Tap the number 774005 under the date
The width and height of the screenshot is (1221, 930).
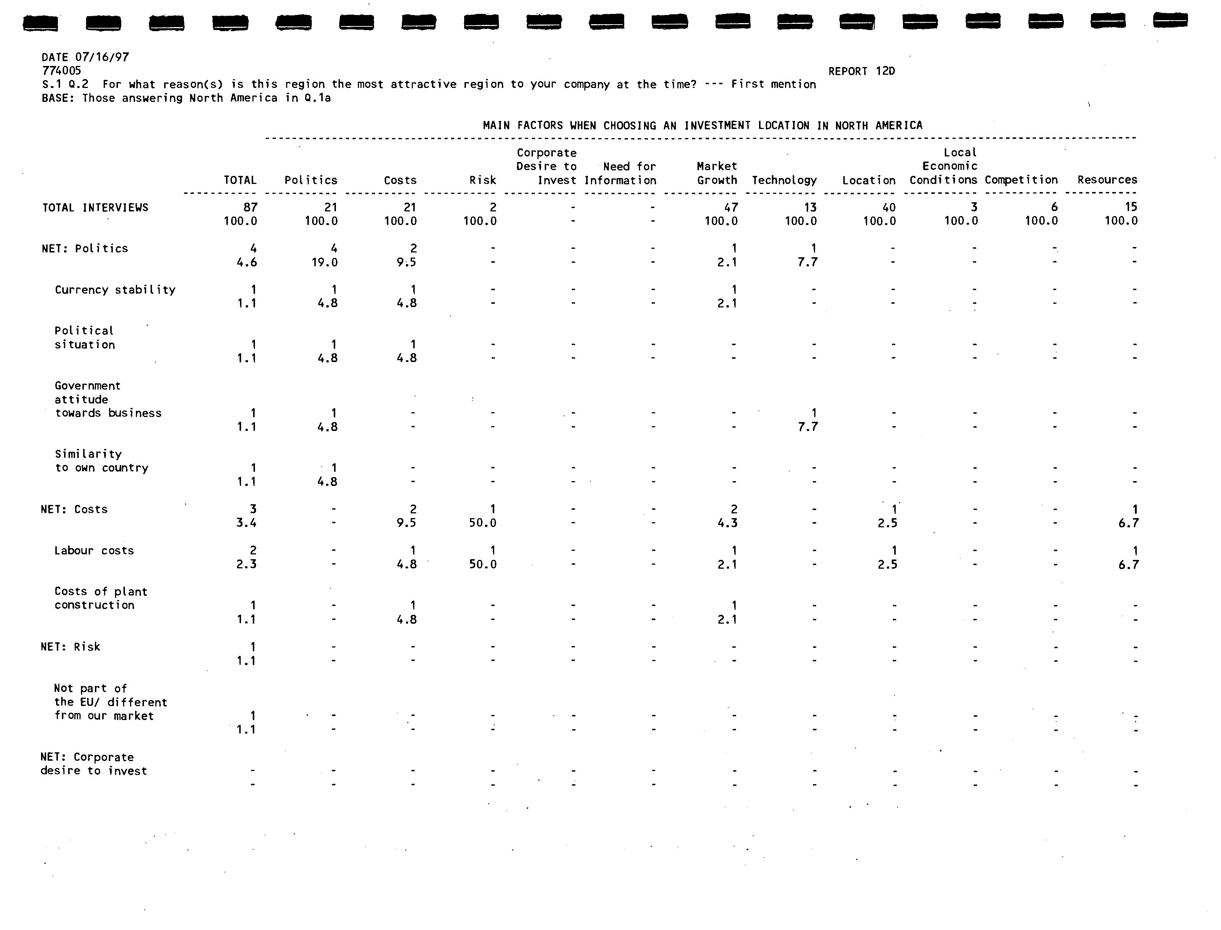(62, 71)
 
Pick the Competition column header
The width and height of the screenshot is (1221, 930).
(1021, 180)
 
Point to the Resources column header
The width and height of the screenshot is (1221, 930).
(1107, 180)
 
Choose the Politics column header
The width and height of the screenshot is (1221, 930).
(311, 180)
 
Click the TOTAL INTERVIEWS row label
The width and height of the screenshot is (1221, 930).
(95, 208)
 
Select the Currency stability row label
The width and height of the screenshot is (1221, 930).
(115, 289)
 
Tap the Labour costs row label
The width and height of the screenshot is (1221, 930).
(94, 550)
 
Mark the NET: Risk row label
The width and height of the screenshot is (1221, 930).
(70, 647)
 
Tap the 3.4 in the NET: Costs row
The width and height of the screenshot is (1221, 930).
(246, 523)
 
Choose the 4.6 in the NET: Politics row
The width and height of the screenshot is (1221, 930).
(246, 262)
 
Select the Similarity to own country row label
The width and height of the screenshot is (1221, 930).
(101, 461)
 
